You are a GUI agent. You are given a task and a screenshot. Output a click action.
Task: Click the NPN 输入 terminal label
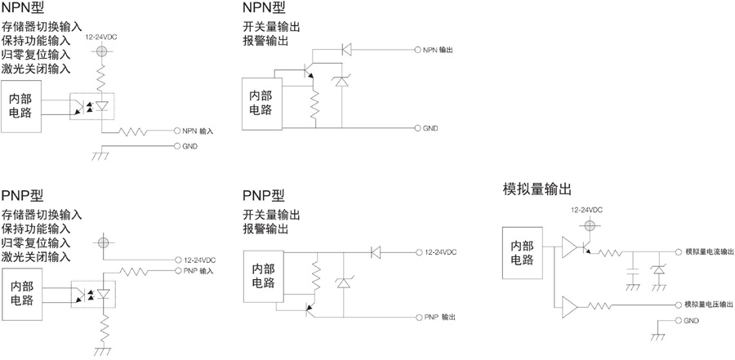[198, 131]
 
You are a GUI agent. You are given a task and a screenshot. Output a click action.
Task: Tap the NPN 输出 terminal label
[437, 50]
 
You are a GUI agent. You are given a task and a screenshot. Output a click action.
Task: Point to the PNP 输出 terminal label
[439, 316]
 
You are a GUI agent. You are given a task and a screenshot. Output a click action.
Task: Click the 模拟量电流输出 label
[709, 252]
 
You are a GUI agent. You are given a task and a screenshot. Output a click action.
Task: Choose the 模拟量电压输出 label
[709, 304]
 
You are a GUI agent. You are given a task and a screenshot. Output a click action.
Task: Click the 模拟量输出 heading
[538, 190]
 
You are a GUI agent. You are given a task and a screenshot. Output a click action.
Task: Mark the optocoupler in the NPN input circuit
[91, 106]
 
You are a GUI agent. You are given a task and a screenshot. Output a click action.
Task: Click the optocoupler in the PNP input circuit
[91, 292]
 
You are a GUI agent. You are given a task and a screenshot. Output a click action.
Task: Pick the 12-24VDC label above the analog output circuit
[586, 210]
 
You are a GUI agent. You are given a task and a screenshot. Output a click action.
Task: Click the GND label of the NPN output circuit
[431, 128]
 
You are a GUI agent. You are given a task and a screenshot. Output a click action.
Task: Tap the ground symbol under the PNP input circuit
[103, 350]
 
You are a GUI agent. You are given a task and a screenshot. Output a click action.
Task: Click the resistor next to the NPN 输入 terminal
[136, 131]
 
